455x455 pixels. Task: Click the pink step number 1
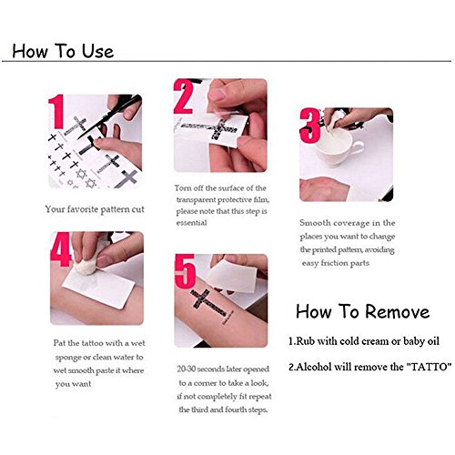coord(56,111)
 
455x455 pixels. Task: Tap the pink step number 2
coord(184,96)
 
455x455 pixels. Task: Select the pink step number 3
coord(310,126)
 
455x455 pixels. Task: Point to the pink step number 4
coord(61,249)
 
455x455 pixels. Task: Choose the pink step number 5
coord(185,271)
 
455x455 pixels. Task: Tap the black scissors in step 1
coord(111,116)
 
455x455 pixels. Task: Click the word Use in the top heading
coord(97,51)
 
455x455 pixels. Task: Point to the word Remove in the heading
coord(397,311)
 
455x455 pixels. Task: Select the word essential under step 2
coord(191,223)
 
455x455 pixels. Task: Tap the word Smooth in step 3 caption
coord(315,223)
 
